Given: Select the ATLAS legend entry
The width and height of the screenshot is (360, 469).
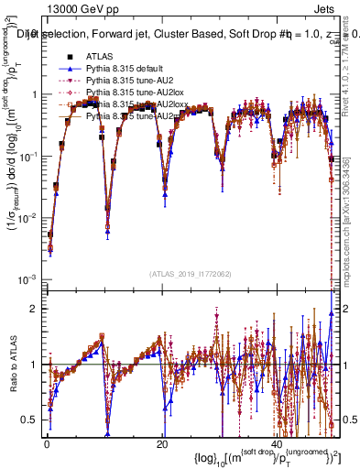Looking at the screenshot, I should click(x=101, y=57).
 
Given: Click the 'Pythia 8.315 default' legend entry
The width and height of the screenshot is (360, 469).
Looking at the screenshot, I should click(x=126, y=69).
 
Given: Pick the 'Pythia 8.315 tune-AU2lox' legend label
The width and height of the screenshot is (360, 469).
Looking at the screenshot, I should click(x=130, y=93).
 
